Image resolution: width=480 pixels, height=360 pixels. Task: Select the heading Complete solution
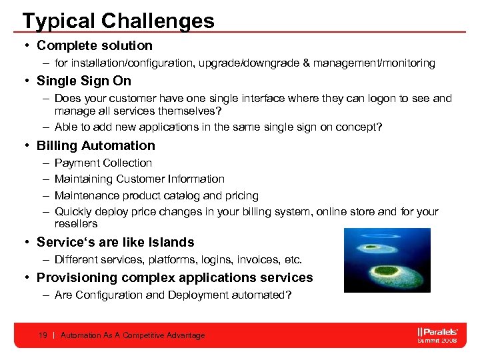click(95, 46)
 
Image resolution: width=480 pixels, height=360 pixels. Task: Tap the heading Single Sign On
click(84, 81)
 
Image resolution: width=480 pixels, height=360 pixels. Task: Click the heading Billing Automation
click(96, 145)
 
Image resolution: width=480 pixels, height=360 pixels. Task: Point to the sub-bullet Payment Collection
click(103, 163)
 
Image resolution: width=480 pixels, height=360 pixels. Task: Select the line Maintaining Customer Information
click(139, 179)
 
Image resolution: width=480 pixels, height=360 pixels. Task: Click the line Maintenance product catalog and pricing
click(156, 195)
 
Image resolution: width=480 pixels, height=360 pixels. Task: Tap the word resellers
click(76, 224)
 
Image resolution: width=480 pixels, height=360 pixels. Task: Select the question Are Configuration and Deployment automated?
click(173, 295)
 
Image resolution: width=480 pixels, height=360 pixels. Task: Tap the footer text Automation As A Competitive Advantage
click(133, 335)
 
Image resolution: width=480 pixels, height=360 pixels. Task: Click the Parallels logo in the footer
click(437, 331)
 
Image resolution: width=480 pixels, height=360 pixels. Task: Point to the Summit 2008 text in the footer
click(437, 341)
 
